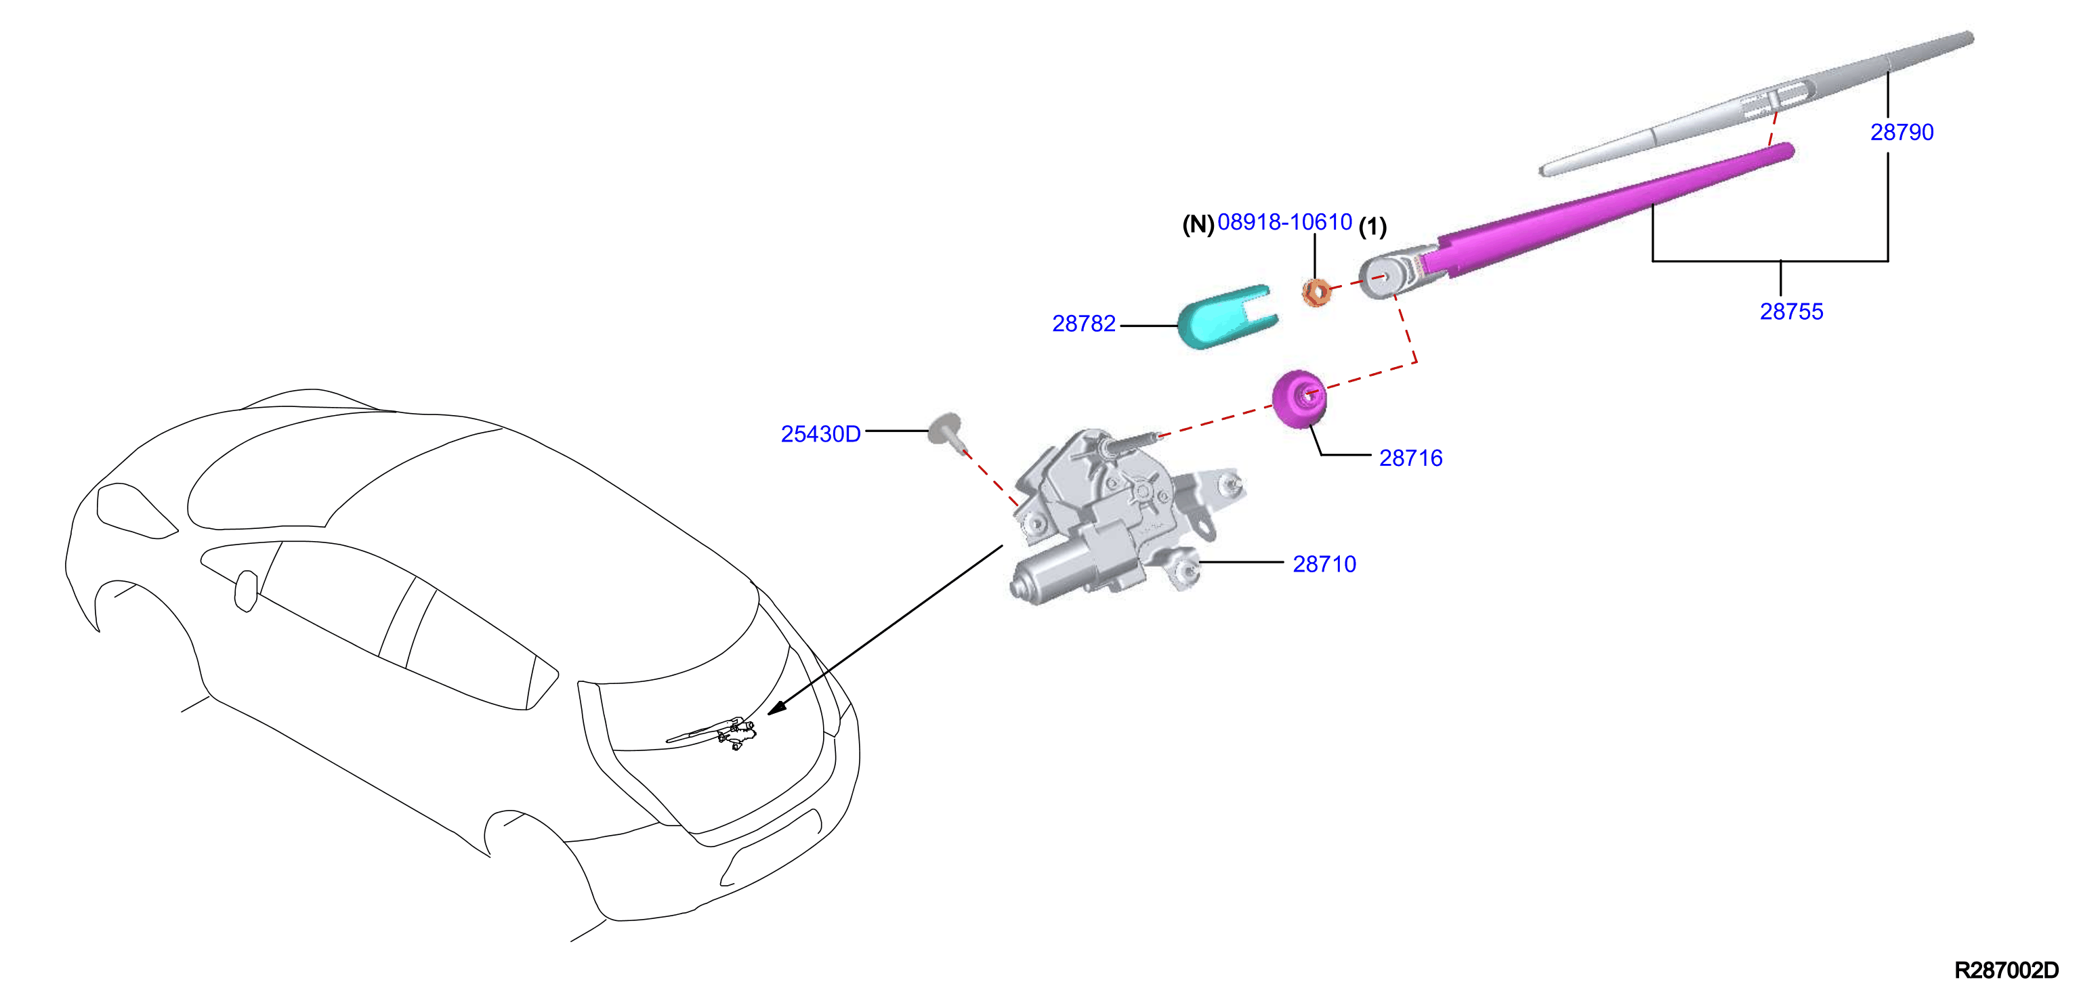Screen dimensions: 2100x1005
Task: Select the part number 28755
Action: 1791,312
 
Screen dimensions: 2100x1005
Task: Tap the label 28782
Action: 1083,324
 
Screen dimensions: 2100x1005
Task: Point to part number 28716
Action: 1410,458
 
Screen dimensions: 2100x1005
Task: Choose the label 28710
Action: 1324,564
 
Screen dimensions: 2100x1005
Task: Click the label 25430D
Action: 820,433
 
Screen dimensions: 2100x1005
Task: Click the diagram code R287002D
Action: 2007,970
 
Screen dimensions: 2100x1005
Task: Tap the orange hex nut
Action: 1315,292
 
